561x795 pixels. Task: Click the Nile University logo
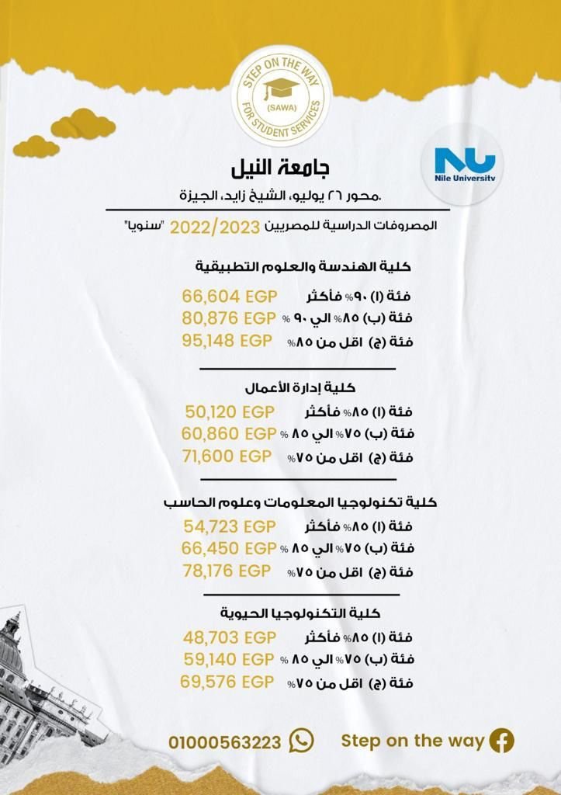coord(465,165)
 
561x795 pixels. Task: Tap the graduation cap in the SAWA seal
coord(281,89)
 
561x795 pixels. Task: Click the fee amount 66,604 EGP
coord(230,297)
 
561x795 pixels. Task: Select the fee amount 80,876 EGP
coord(230,318)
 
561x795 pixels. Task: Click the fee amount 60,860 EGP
coord(230,433)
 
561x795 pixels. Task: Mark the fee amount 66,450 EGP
coord(230,549)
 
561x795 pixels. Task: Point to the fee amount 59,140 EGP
coord(230,660)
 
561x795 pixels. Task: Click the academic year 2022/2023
coord(216,227)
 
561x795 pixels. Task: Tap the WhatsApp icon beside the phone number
coord(301,741)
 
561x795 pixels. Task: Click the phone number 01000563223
coord(225,742)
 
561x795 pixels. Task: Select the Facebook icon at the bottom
coord(501,741)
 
